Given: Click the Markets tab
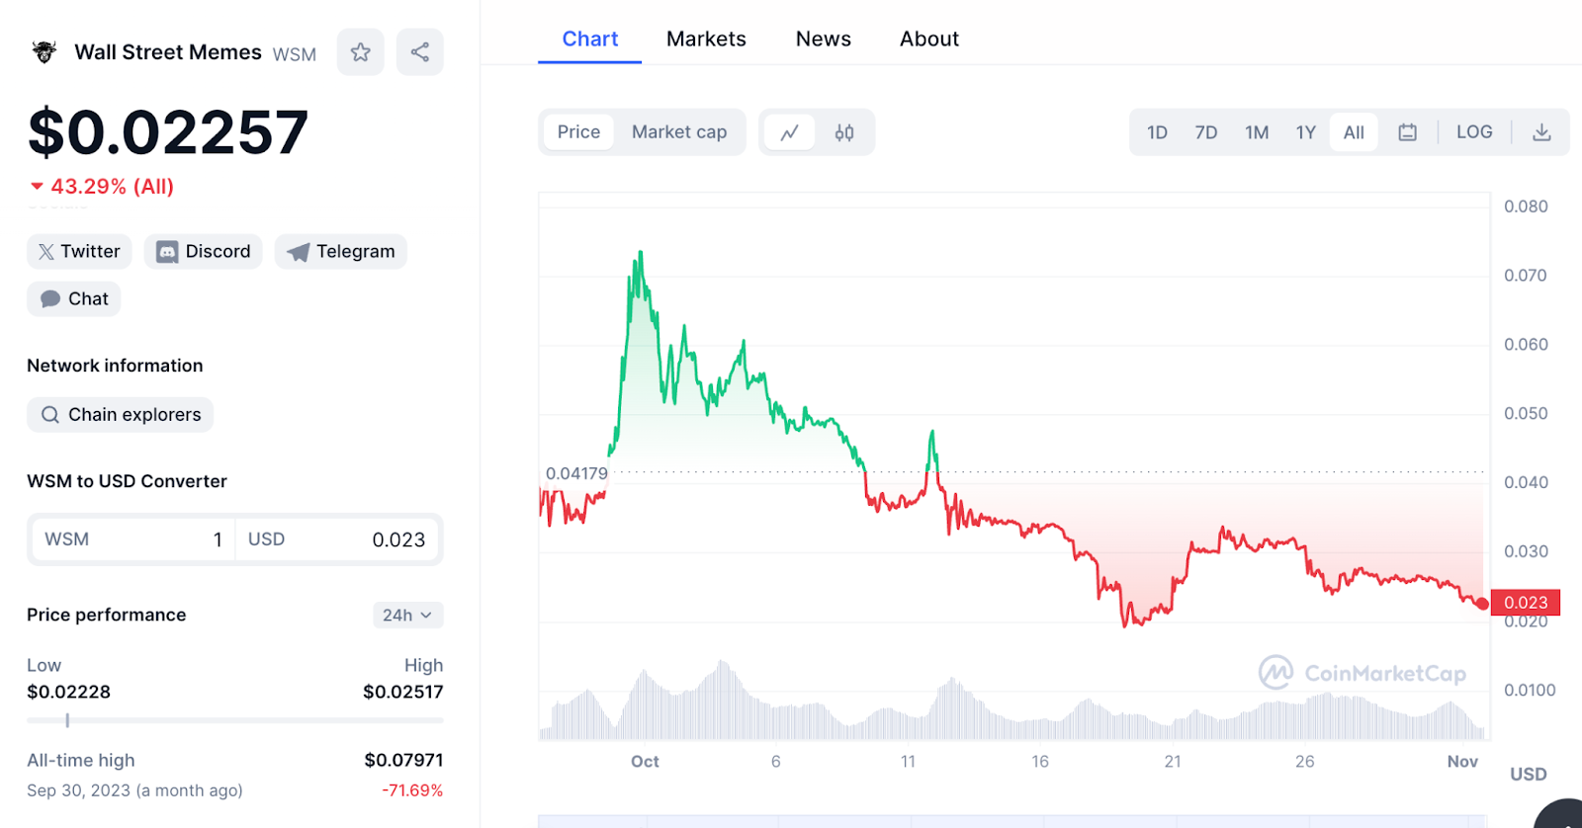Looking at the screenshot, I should pos(706,40).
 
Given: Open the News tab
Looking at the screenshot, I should pos(823,40).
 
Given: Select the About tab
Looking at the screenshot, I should pos(928,40).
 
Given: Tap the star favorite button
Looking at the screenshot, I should pos(361,52).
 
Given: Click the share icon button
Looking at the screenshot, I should pos(420,52).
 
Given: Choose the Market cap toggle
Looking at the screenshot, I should pos(679,132).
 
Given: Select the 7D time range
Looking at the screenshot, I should pos(1205,132).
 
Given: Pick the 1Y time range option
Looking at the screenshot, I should pos(1305,132).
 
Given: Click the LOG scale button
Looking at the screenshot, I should pos(1473,132).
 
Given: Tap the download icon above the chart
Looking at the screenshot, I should pos(1541,132).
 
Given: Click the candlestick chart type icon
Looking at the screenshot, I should pos(844,132).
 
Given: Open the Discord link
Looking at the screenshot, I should pos(204,252).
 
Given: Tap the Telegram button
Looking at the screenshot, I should pos(341,252).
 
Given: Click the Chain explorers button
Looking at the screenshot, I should pos(121,415).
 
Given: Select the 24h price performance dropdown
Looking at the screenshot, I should pos(407,616).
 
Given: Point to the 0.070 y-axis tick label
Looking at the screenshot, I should pos(1525,276).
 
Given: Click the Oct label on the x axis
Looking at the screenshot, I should pos(645,762).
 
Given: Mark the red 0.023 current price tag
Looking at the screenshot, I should pos(1526,603).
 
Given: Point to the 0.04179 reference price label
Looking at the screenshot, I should pos(576,473).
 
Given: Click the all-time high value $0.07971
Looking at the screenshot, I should pos(403,760).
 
